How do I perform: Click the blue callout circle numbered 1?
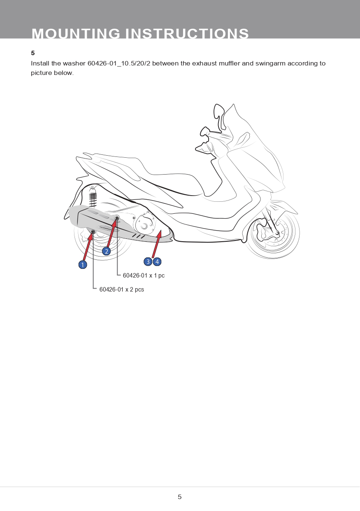[x=83, y=265]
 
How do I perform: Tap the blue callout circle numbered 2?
[x=106, y=252]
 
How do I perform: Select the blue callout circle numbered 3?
[x=148, y=261]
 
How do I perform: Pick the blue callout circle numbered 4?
[x=157, y=261]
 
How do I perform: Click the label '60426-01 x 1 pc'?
[x=144, y=275]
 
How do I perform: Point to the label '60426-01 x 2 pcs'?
[x=121, y=289]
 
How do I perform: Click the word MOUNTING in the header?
[x=76, y=33]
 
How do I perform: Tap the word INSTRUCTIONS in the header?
[x=187, y=33]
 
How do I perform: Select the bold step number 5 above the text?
[x=33, y=53]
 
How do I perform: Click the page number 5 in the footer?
[x=180, y=497]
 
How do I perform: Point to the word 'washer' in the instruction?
[x=74, y=63]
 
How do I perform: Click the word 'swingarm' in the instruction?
[x=270, y=64]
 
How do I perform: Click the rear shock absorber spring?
[x=93, y=200]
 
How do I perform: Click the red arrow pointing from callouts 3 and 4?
[x=157, y=244]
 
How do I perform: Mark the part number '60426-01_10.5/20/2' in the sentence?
[x=119, y=63]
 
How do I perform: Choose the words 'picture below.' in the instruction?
[x=52, y=73]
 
